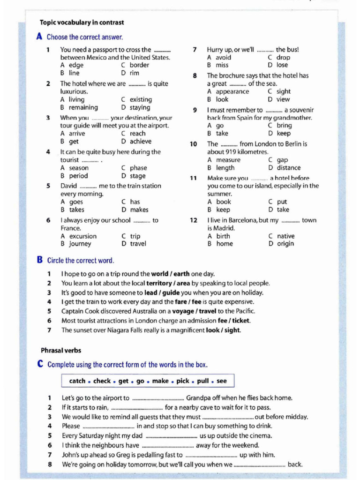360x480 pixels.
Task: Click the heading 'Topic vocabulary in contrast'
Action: click(x=82, y=22)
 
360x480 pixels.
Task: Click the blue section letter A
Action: click(x=39, y=37)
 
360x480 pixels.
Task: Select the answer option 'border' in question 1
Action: click(x=139, y=65)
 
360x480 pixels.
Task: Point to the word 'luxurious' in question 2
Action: click(x=74, y=91)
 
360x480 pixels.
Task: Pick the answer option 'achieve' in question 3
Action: click(x=141, y=142)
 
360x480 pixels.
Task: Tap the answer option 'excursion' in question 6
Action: click(x=83, y=236)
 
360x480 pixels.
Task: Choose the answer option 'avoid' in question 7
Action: click(x=223, y=57)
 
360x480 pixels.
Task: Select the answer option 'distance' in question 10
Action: click(x=289, y=168)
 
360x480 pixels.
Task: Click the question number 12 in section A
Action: click(x=194, y=220)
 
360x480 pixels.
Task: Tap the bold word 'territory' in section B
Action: click(x=159, y=283)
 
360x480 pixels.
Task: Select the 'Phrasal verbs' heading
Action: click(x=60, y=350)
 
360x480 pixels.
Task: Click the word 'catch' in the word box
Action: click(x=77, y=381)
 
